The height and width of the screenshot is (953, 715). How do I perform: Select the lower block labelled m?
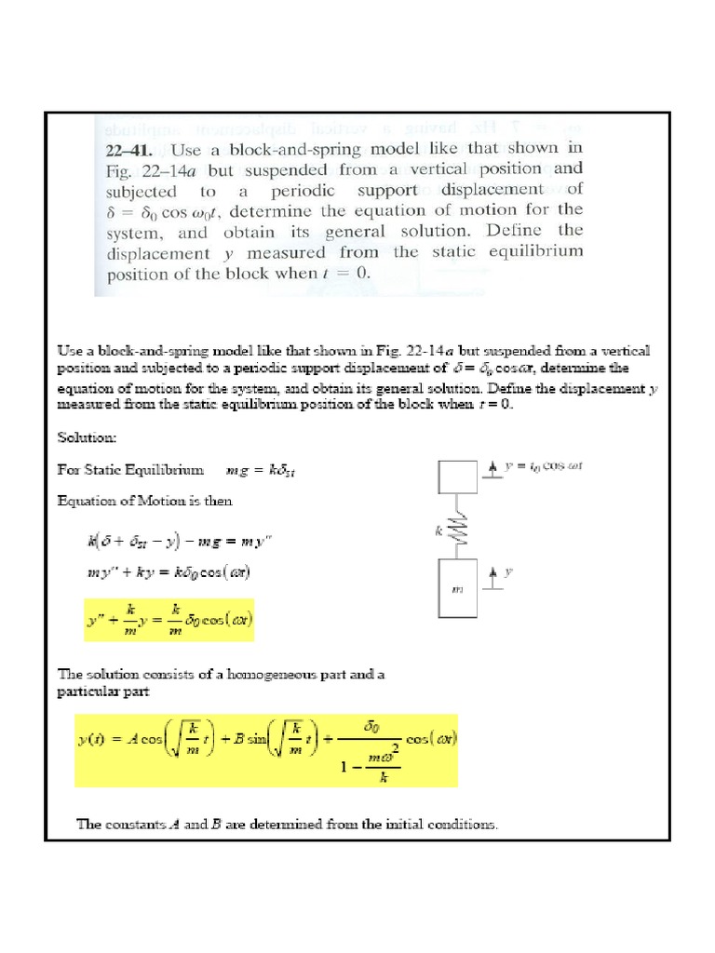[x=457, y=588]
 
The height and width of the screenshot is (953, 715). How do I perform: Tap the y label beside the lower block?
[x=508, y=572]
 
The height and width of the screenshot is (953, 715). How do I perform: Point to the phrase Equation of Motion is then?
[x=144, y=501]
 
